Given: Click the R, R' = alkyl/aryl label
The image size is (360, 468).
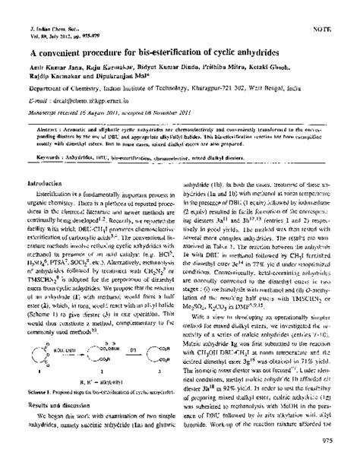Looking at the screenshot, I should point(90,403).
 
